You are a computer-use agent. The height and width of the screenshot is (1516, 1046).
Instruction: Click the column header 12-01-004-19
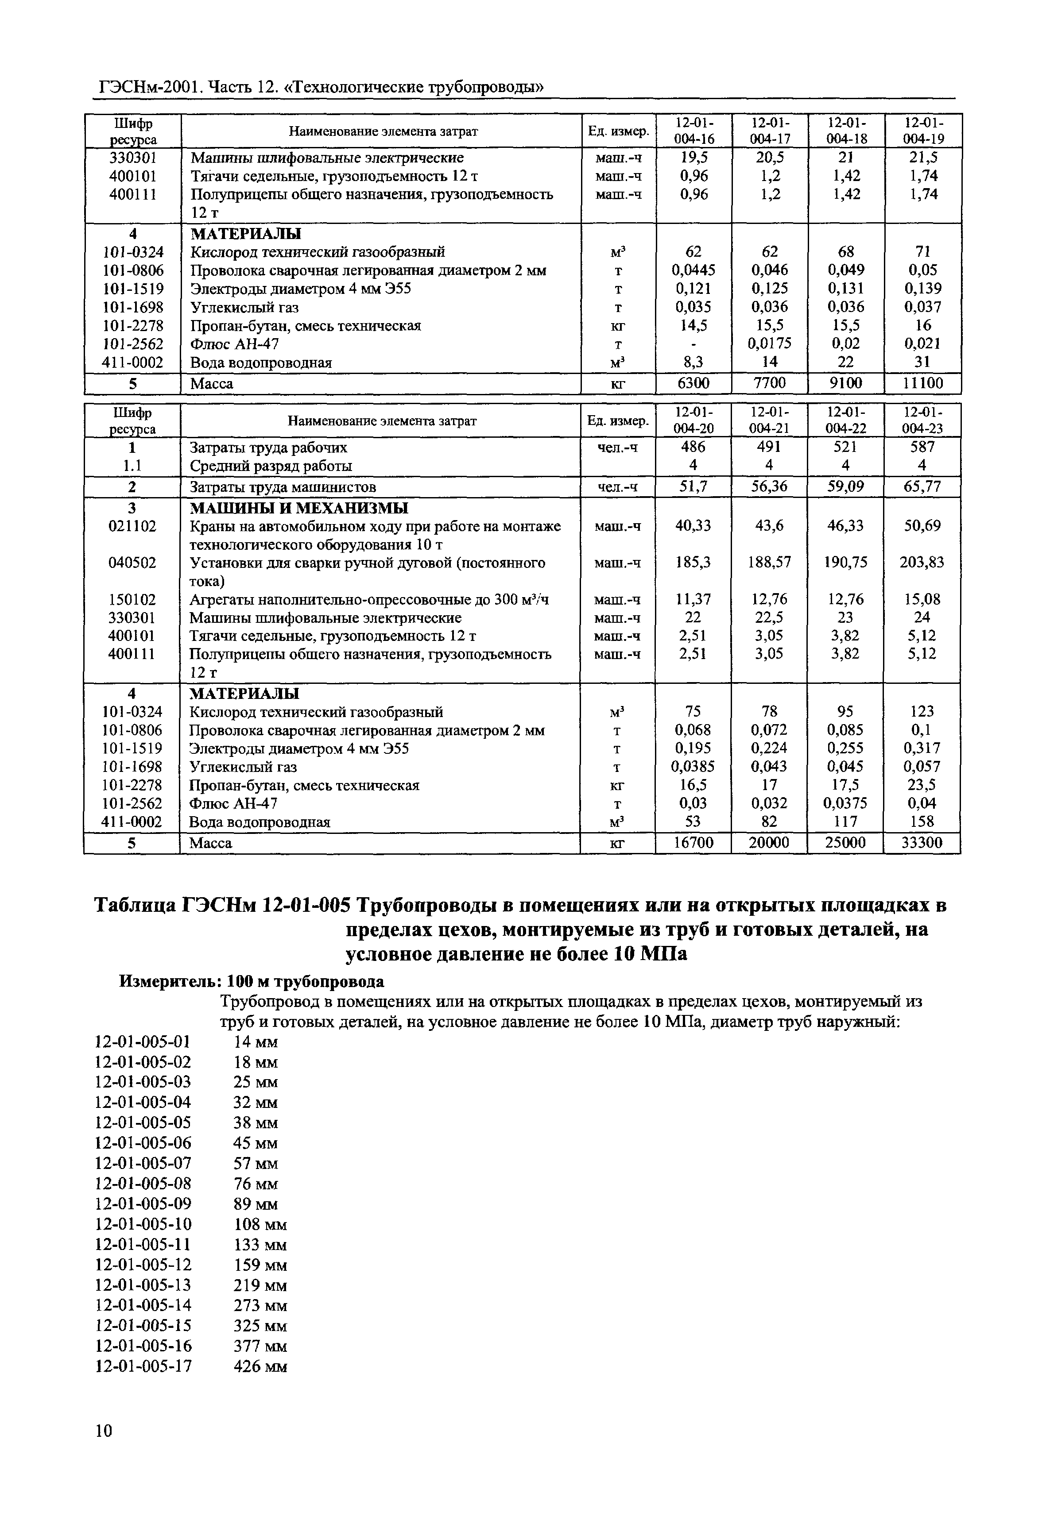(x=923, y=131)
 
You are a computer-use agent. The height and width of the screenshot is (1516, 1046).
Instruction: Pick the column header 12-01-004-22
(x=845, y=420)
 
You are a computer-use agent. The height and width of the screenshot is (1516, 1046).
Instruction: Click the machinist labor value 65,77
(x=922, y=487)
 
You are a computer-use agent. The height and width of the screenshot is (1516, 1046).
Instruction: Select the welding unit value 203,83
(x=922, y=562)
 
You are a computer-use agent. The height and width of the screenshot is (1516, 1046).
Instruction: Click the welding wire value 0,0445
(x=693, y=270)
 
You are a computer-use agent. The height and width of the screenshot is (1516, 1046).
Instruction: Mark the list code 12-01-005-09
(x=143, y=1204)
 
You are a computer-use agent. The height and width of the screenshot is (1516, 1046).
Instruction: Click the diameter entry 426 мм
(x=260, y=1367)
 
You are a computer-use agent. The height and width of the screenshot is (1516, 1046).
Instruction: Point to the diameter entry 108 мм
(x=260, y=1224)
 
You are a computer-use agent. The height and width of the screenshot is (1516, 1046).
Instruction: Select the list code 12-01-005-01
(x=143, y=1042)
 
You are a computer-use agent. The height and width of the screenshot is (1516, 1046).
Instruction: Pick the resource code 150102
(x=132, y=599)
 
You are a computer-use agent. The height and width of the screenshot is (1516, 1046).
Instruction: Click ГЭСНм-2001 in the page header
(x=149, y=86)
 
